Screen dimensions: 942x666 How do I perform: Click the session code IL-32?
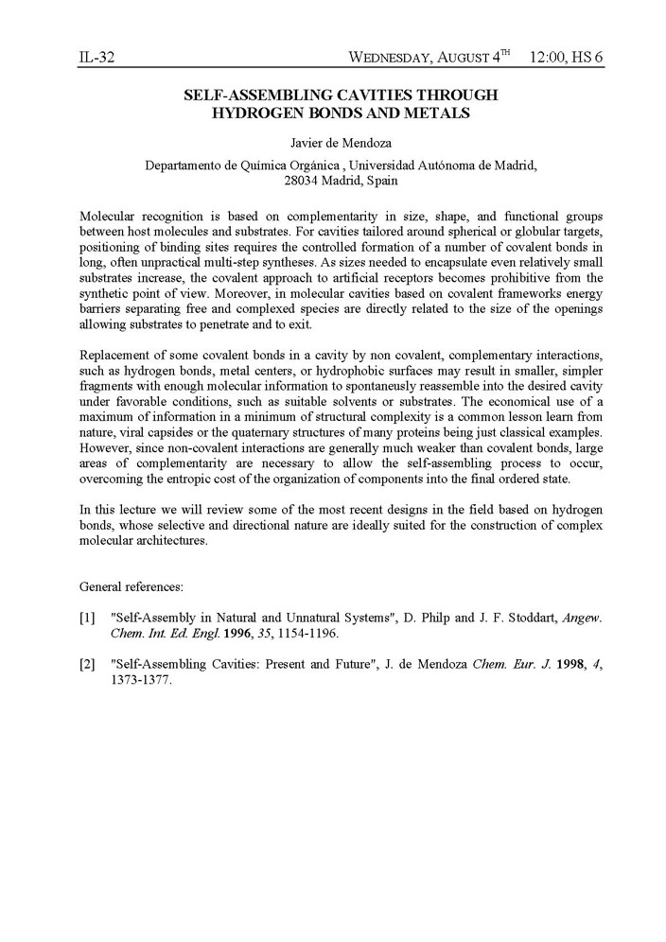[96, 58]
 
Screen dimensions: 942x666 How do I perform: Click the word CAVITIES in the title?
[359, 96]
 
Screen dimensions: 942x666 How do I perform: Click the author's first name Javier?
[305, 144]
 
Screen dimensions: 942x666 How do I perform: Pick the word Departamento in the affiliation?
[184, 165]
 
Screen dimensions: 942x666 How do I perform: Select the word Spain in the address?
[381, 180]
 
